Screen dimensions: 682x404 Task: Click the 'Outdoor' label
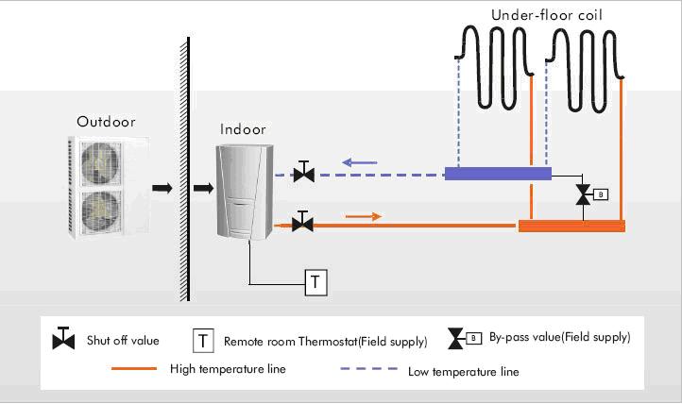106,122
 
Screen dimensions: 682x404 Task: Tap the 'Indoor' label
243,129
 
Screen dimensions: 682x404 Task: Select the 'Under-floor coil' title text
546,15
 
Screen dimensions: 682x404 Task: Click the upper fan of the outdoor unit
100,163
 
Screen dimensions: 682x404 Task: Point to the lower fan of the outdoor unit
100,210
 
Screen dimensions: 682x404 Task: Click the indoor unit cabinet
245,192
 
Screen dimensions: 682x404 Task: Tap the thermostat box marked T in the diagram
315,282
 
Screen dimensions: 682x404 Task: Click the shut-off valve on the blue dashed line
304,172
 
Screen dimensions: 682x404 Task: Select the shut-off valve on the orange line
302,222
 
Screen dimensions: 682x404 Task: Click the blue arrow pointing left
360,163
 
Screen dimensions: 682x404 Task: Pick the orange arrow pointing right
364,216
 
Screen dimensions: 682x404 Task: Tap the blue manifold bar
498,174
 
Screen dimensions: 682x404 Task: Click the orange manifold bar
572,226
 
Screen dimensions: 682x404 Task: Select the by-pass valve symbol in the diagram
591,194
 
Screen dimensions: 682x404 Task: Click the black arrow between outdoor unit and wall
162,188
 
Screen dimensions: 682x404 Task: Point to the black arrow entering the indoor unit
203,188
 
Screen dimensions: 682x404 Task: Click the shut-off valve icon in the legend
63,339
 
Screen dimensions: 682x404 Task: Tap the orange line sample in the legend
134,369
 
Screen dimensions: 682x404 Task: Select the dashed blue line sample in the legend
368,369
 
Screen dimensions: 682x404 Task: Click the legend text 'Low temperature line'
463,372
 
